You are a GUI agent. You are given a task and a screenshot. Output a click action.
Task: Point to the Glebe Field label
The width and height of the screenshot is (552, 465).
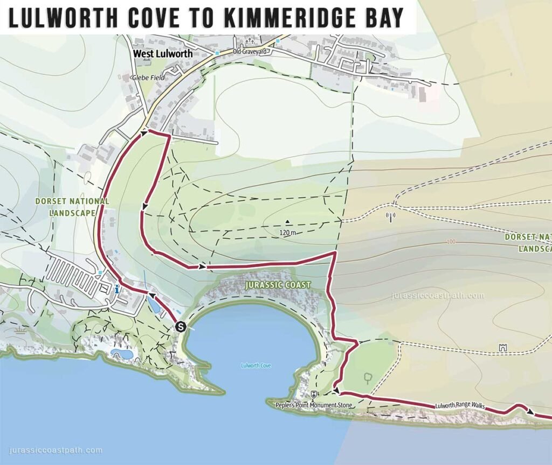click(149, 77)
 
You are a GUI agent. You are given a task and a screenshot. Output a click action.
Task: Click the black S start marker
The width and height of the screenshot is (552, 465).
click(181, 326)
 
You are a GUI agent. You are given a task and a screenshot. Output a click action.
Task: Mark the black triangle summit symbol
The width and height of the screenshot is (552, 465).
click(288, 221)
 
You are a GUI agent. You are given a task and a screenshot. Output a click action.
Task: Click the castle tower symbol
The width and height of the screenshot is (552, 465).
click(503, 347)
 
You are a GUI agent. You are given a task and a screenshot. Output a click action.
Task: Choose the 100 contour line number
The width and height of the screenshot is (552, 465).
click(451, 242)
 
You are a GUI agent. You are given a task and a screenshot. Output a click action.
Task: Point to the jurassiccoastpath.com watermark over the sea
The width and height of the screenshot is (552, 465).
click(56, 450)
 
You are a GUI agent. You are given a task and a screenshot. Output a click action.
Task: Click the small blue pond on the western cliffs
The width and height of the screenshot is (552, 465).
click(122, 354)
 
